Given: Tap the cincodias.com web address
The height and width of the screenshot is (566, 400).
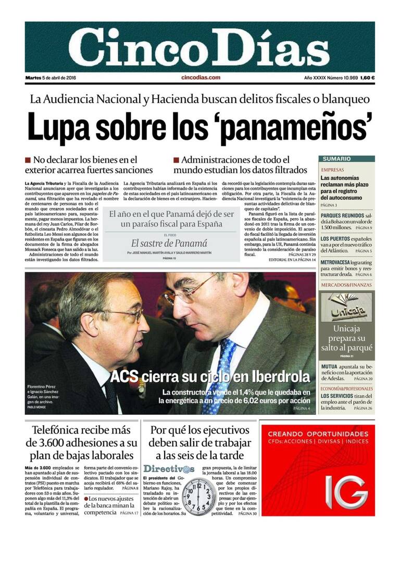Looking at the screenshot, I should [x=201, y=78].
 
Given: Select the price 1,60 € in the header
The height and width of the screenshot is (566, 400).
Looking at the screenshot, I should [x=367, y=78].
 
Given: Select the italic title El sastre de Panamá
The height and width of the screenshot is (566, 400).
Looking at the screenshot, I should [x=169, y=243].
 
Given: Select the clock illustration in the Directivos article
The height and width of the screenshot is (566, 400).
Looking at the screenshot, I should [x=198, y=497].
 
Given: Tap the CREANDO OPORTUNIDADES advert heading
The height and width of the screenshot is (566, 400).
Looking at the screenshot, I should [x=318, y=433].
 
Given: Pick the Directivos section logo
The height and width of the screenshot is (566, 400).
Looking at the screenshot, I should [x=169, y=468].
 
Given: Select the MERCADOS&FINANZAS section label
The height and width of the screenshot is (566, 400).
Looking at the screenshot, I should [x=346, y=285].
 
